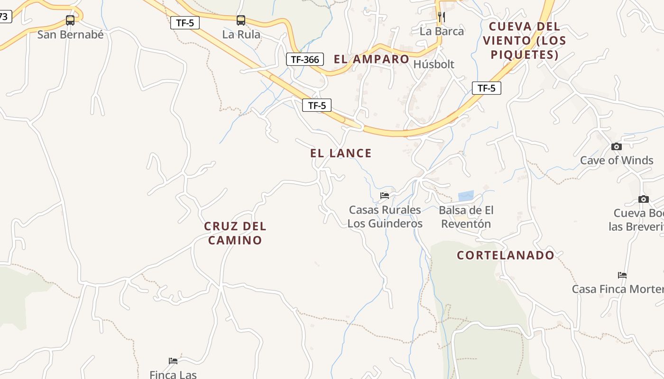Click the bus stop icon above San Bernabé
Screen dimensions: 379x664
click(x=70, y=20)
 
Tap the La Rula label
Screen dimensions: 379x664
click(x=241, y=35)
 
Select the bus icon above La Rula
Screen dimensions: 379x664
click(x=241, y=20)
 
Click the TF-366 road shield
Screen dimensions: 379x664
click(x=305, y=59)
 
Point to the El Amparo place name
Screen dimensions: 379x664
click(x=371, y=59)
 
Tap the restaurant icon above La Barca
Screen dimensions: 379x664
click(x=442, y=17)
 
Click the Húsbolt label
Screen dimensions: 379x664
click(x=434, y=64)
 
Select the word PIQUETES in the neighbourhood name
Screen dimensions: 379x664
click(x=525, y=55)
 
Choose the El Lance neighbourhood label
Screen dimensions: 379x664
click(x=341, y=153)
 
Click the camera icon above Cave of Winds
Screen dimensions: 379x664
click(x=617, y=147)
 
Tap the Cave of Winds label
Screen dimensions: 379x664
click(x=617, y=161)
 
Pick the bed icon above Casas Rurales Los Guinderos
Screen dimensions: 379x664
click(x=385, y=195)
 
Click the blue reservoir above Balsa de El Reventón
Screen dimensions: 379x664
click(x=466, y=196)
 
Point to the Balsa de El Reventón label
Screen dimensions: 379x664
click(x=466, y=217)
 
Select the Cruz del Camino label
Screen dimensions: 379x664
click(x=235, y=233)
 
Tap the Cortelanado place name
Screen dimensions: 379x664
click(x=506, y=255)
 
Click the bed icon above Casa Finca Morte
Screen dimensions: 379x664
click(x=622, y=275)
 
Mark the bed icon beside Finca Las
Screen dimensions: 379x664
click(x=173, y=361)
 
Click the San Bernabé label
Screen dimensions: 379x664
click(x=70, y=35)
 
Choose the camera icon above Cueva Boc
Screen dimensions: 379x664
click(x=644, y=199)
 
